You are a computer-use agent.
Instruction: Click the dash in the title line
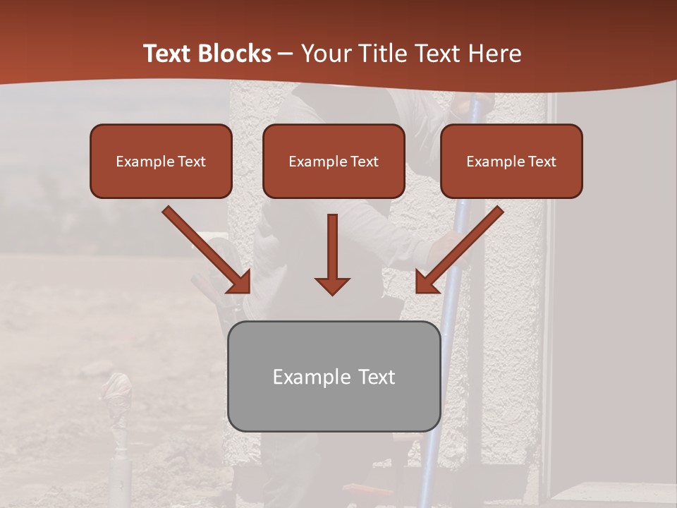286,54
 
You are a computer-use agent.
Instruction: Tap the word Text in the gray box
376,377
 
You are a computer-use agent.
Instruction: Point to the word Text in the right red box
542,162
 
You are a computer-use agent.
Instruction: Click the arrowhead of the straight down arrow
332,285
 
